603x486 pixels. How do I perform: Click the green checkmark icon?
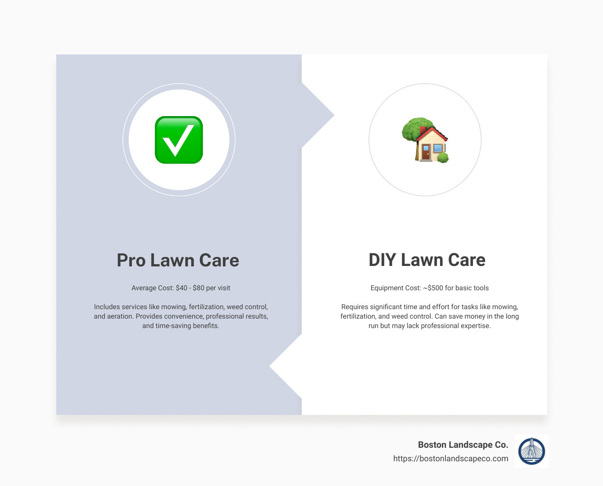click(179, 140)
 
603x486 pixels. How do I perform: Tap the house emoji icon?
click(425, 140)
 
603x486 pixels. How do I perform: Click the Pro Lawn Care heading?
click(178, 260)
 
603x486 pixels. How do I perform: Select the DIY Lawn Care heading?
click(427, 260)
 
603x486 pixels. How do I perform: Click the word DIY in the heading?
click(382, 260)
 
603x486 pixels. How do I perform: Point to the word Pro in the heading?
click(130, 260)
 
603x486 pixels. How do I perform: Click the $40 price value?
click(181, 288)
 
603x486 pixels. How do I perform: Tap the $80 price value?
click(198, 288)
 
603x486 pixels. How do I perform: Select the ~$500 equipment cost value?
click(433, 288)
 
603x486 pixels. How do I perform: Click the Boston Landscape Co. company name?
click(463, 445)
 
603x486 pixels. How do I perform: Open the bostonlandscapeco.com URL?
click(450, 459)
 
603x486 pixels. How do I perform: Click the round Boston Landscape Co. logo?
click(531, 451)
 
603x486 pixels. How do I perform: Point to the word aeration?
click(119, 316)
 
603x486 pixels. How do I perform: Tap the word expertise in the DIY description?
click(475, 326)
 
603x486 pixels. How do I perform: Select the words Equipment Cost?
click(395, 288)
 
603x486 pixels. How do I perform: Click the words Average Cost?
click(153, 288)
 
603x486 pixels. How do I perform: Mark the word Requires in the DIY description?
click(355, 307)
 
